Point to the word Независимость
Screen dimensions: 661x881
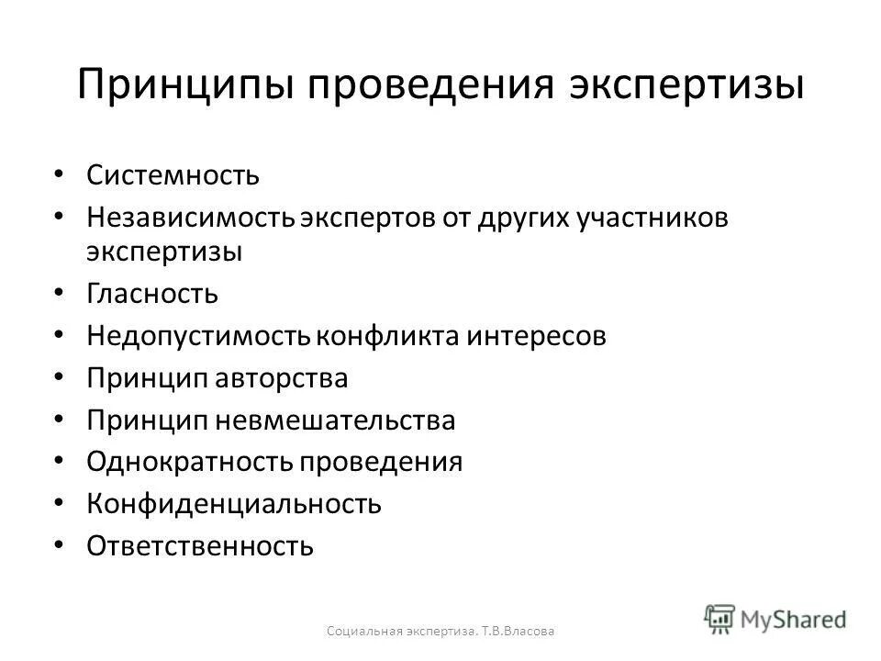pos(190,217)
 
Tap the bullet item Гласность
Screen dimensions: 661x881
pos(152,294)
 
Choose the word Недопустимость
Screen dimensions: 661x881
pos(198,336)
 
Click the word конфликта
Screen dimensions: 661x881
pos(375,336)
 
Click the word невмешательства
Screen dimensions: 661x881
pos(336,420)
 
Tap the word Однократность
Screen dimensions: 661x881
pos(187,462)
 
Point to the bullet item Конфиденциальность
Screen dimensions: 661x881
pos(233,504)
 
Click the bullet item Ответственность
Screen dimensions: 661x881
pos(200,546)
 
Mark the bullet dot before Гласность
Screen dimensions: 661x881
pos(60,292)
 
